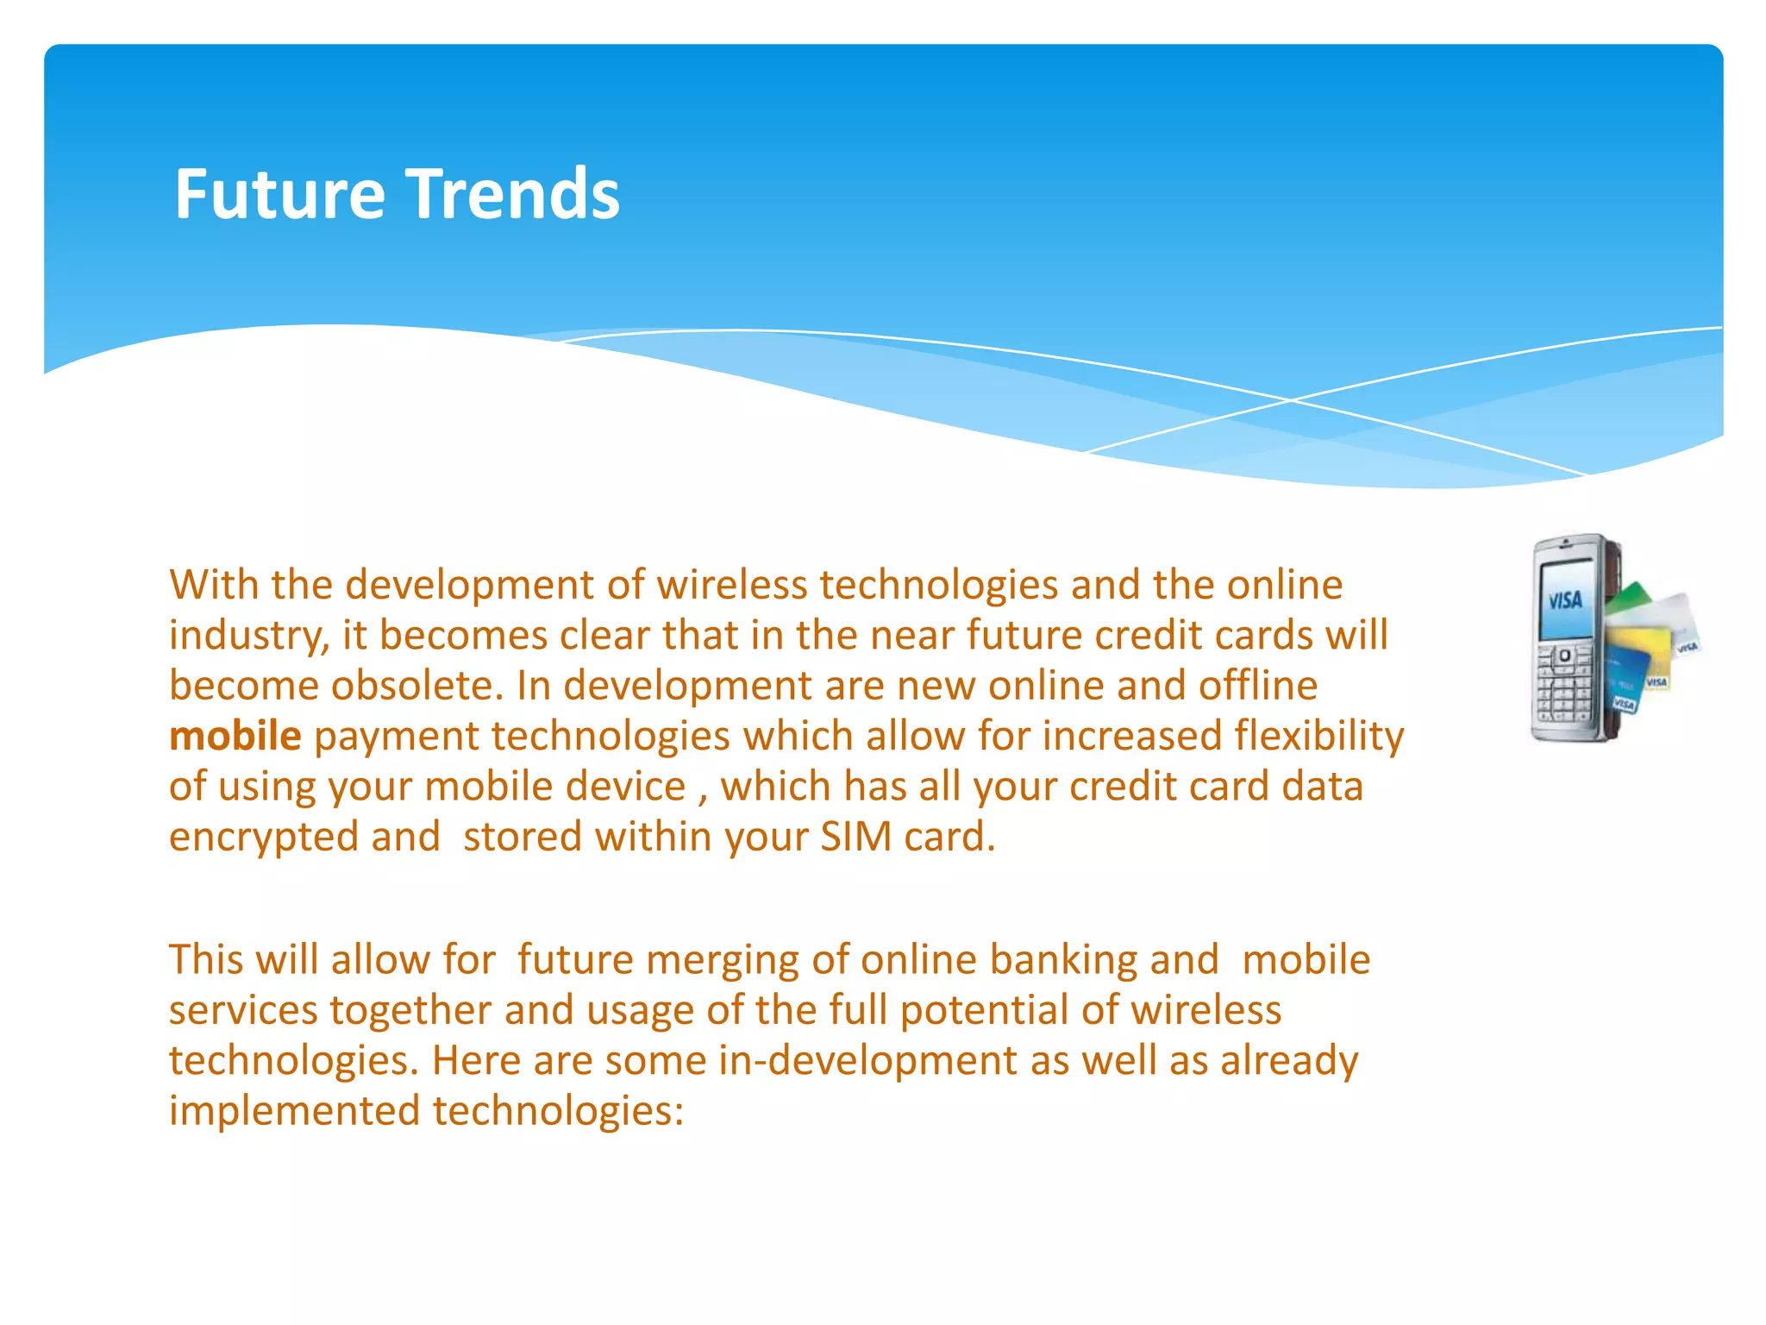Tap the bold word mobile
coord(235,736)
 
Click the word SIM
coord(855,837)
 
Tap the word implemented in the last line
coord(294,1111)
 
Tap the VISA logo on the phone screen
coord(1565,599)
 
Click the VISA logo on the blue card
coord(1624,705)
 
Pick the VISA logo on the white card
coord(1687,646)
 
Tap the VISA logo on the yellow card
coord(1656,681)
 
